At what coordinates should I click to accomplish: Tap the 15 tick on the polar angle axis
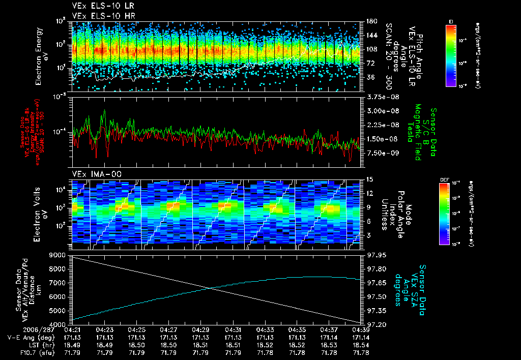click(x=369, y=179)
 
